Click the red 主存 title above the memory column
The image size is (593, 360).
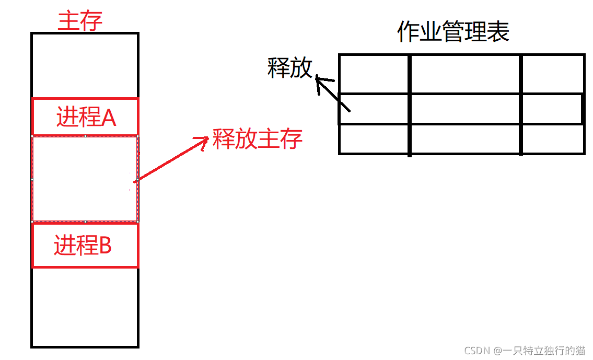80,21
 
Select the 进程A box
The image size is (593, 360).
85,117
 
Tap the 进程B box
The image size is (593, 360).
85,245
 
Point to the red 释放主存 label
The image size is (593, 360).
258,139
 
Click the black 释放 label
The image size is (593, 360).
289,68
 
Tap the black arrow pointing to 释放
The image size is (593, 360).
332,94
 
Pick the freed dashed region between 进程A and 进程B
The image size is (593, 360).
85,179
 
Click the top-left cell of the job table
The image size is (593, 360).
374,74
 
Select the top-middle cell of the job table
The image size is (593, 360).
465,74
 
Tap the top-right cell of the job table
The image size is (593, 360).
553,74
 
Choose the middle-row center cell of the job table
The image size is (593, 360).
465,109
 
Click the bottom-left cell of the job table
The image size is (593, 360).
374,139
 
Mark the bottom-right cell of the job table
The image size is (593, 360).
553,139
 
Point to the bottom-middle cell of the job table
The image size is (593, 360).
465,139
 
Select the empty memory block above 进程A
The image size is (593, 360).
85,65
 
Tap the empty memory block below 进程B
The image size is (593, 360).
85,307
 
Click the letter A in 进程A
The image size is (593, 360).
108,118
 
